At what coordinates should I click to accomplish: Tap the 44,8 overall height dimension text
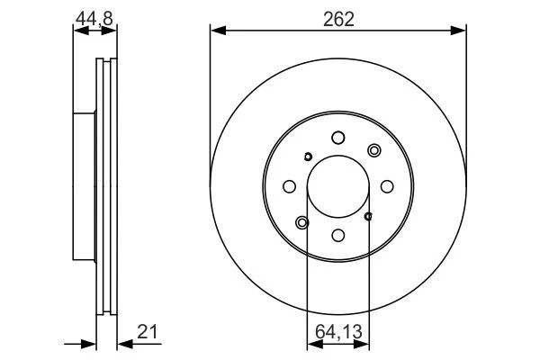pos(94,16)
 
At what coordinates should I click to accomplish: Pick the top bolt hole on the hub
pos(338,138)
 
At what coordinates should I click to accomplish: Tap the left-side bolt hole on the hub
pos(290,186)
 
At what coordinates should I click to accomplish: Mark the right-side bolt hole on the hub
pos(387,186)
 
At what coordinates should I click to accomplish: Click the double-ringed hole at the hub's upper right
pos(374,150)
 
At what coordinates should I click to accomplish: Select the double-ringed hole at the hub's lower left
pos(302,221)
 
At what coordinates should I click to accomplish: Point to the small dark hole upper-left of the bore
pos(308,157)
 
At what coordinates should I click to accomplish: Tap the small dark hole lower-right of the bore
pos(369,215)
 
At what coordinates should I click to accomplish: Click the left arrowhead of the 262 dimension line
pos(216,31)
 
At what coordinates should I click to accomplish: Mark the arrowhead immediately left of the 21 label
pos(123,342)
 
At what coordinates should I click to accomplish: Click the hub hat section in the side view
pos(84,186)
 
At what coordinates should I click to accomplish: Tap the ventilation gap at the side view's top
pos(106,65)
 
